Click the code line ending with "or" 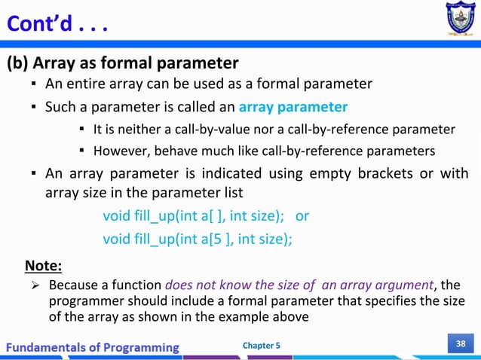[205, 215]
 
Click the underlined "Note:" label [44, 265]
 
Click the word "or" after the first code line [302, 215]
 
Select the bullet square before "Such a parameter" [35, 107]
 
